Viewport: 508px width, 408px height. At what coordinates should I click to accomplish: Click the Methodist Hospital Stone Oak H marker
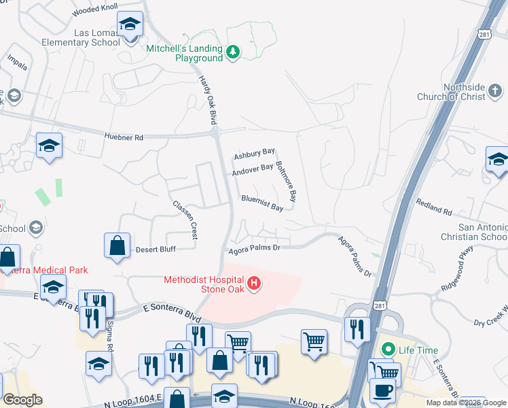254,282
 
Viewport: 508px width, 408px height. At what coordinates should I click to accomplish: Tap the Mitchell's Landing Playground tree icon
233,52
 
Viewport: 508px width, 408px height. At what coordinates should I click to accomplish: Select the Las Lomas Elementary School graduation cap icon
129,25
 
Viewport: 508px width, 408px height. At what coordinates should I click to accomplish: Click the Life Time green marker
388,350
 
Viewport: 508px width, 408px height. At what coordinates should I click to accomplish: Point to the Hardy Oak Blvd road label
208,100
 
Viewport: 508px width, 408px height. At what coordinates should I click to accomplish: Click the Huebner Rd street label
124,137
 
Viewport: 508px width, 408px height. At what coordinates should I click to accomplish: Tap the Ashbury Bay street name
254,154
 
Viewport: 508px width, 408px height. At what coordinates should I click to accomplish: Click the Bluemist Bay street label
262,203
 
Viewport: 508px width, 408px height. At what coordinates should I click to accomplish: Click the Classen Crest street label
185,219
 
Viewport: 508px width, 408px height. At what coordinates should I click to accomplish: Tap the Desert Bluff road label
156,250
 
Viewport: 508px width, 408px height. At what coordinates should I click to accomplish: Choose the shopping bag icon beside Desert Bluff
117,245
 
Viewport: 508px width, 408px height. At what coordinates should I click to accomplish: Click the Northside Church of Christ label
474,92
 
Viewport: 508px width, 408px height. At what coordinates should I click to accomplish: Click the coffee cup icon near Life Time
382,391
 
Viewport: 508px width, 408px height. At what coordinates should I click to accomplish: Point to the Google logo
22,400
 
